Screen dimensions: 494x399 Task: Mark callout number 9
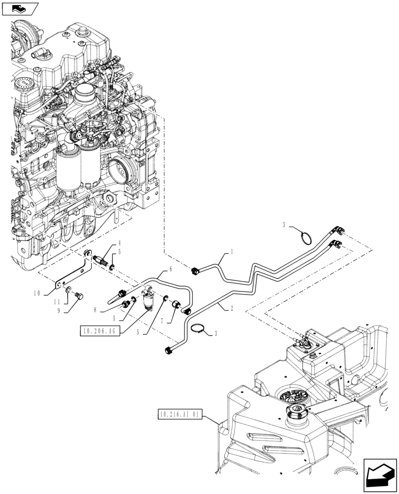(x=59, y=312)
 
